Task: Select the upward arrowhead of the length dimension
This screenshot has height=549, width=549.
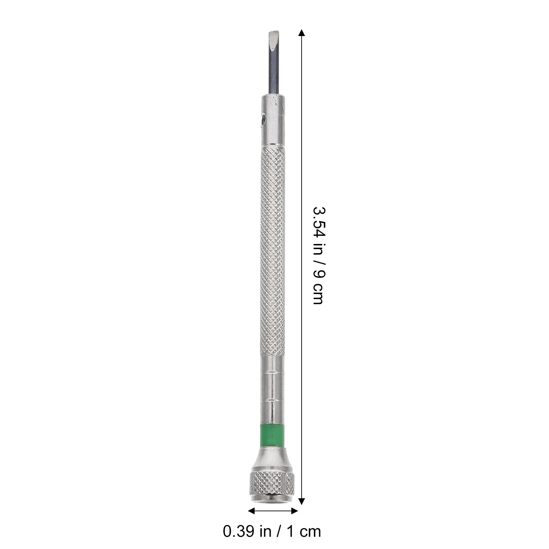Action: tap(301, 33)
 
